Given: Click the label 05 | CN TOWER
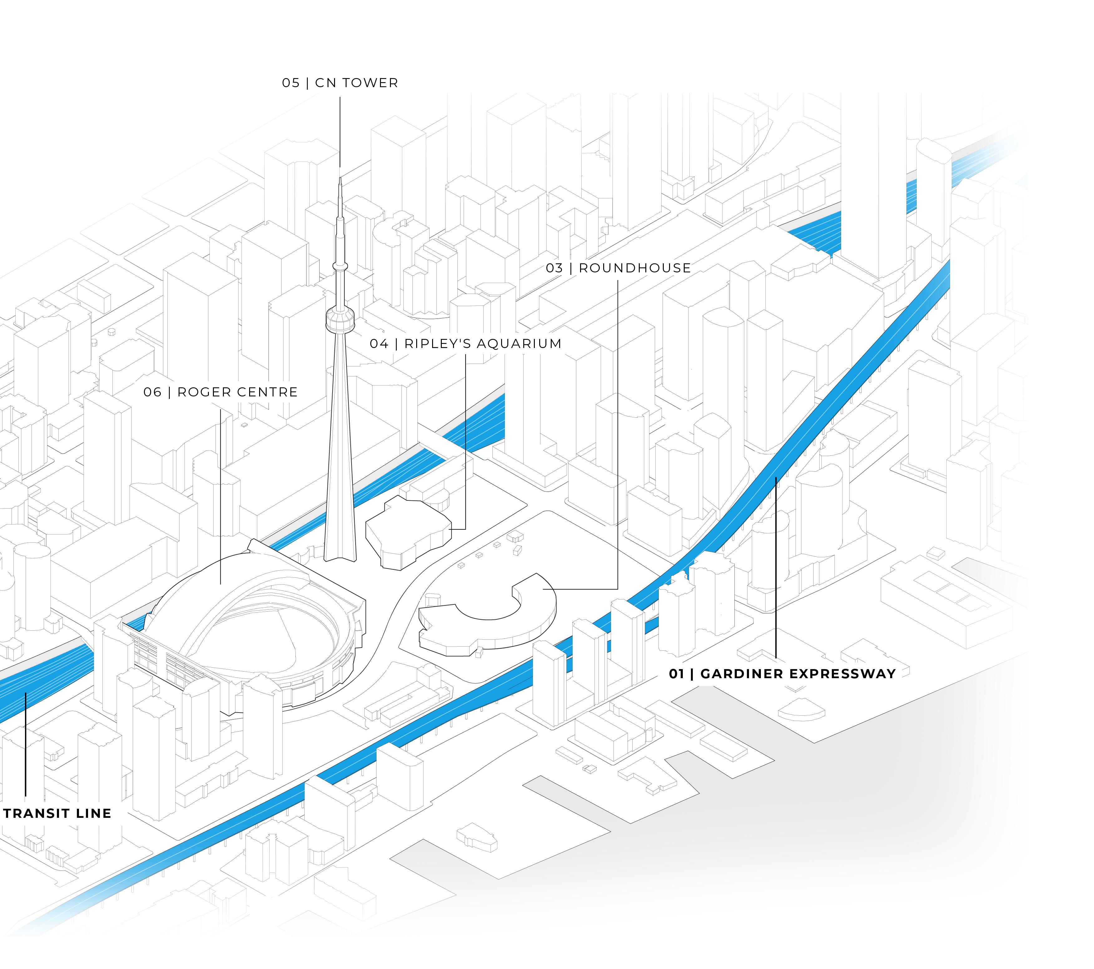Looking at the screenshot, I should point(340,83).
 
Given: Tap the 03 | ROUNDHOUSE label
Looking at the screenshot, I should point(618,268).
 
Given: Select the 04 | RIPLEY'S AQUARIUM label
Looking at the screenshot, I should point(466,344).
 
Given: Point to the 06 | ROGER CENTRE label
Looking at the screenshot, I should point(220,392).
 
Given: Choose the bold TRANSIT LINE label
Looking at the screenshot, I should point(57,813).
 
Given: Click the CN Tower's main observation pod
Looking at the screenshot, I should point(340,320).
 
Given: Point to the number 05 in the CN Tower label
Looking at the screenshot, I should point(291,83).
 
